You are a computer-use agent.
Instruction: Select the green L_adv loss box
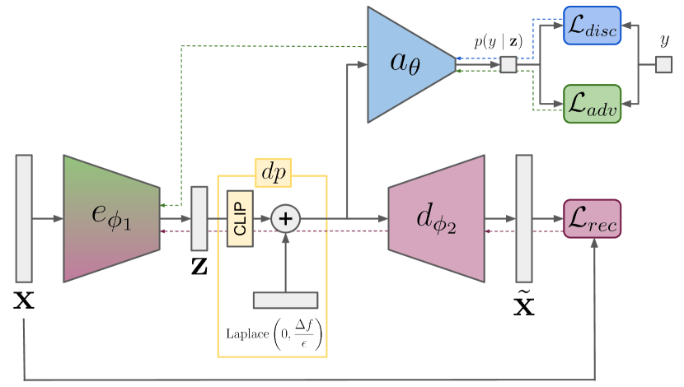pos(590,103)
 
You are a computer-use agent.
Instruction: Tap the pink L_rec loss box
pos(592,219)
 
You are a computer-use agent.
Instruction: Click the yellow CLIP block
pos(240,219)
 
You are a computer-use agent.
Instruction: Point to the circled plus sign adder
pos(286,219)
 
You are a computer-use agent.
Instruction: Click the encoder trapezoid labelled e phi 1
pos(110,218)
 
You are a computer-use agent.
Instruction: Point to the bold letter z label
pos(199,267)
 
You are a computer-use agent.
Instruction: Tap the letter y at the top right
pos(664,40)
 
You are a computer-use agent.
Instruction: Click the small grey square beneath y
pos(663,64)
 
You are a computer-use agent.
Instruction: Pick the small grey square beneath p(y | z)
pos(508,64)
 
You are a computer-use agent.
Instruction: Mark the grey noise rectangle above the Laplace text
pos(285,300)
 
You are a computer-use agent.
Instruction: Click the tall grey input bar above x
pos(24,218)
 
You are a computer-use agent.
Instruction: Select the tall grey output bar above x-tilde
pos(524,218)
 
